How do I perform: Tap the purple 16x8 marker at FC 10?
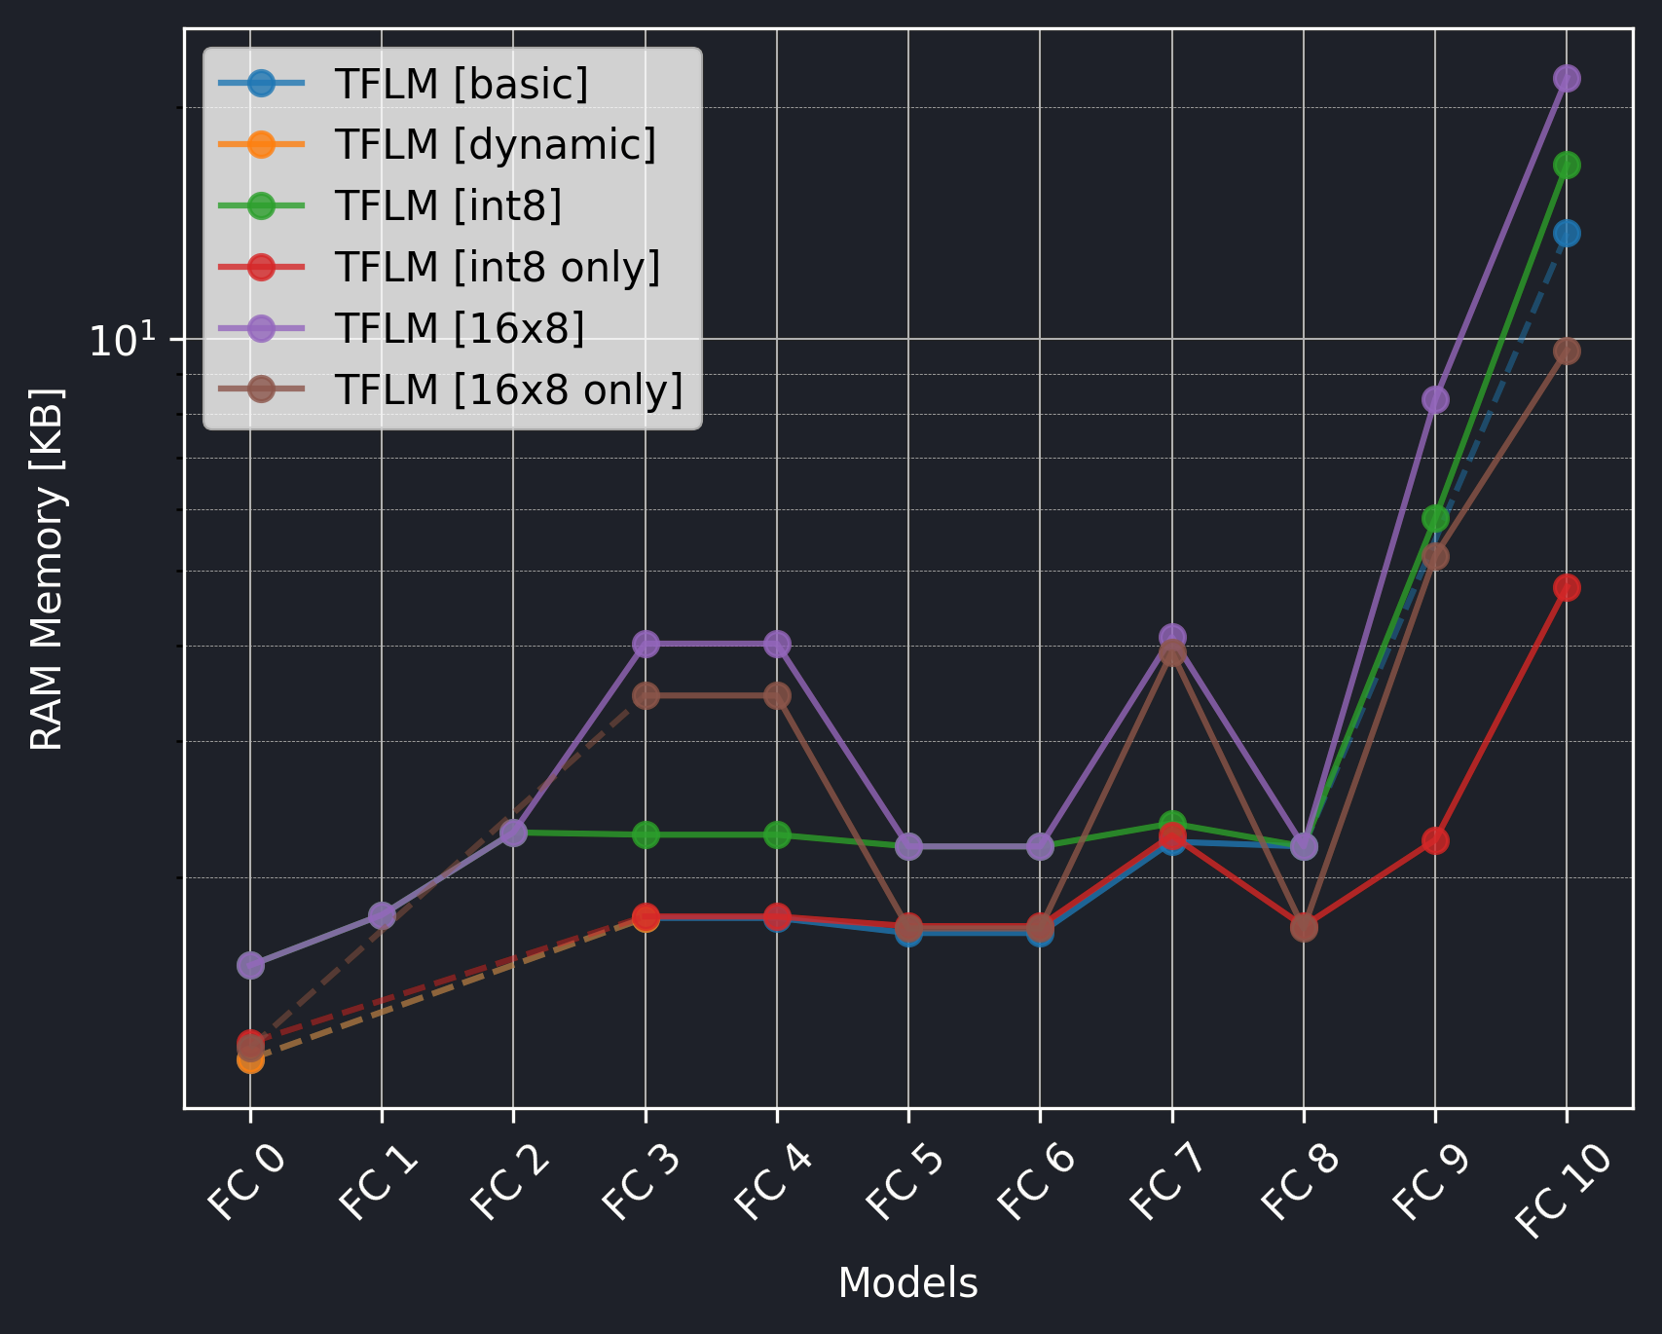pos(1566,79)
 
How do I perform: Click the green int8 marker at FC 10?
pos(1566,166)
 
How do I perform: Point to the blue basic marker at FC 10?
pos(1566,234)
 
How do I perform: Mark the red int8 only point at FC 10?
pos(1566,588)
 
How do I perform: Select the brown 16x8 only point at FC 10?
pos(1566,352)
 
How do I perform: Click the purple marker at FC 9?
pos(1434,400)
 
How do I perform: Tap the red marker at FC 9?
pos(1434,840)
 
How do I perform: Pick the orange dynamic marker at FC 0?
pos(250,1060)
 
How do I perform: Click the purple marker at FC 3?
pos(646,644)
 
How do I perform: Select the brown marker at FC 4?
pos(777,696)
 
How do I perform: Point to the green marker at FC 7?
pos(1172,823)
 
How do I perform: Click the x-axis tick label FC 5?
pos(905,1184)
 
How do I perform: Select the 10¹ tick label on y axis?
pos(122,341)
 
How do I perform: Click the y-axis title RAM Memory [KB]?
pos(47,570)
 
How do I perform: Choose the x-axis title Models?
pos(907,1283)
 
